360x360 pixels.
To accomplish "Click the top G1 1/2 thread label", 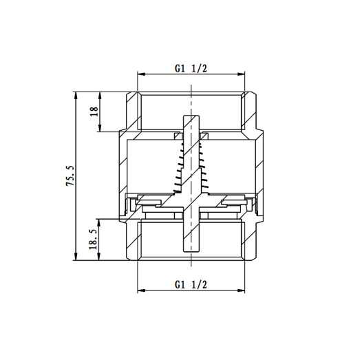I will pyautogui.click(x=191, y=68).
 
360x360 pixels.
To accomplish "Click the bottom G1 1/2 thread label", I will pyautogui.click(x=191, y=284).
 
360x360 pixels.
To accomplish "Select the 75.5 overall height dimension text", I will pyautogui.click(x=67, y=176).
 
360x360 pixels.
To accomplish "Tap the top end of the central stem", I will pyautogui.click(x=190, y=117).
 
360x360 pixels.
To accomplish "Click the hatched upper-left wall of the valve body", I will pyautogui.click(x=131, y=110).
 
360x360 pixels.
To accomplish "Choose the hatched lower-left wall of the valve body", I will pyautogui.click(x=131, y=241).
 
